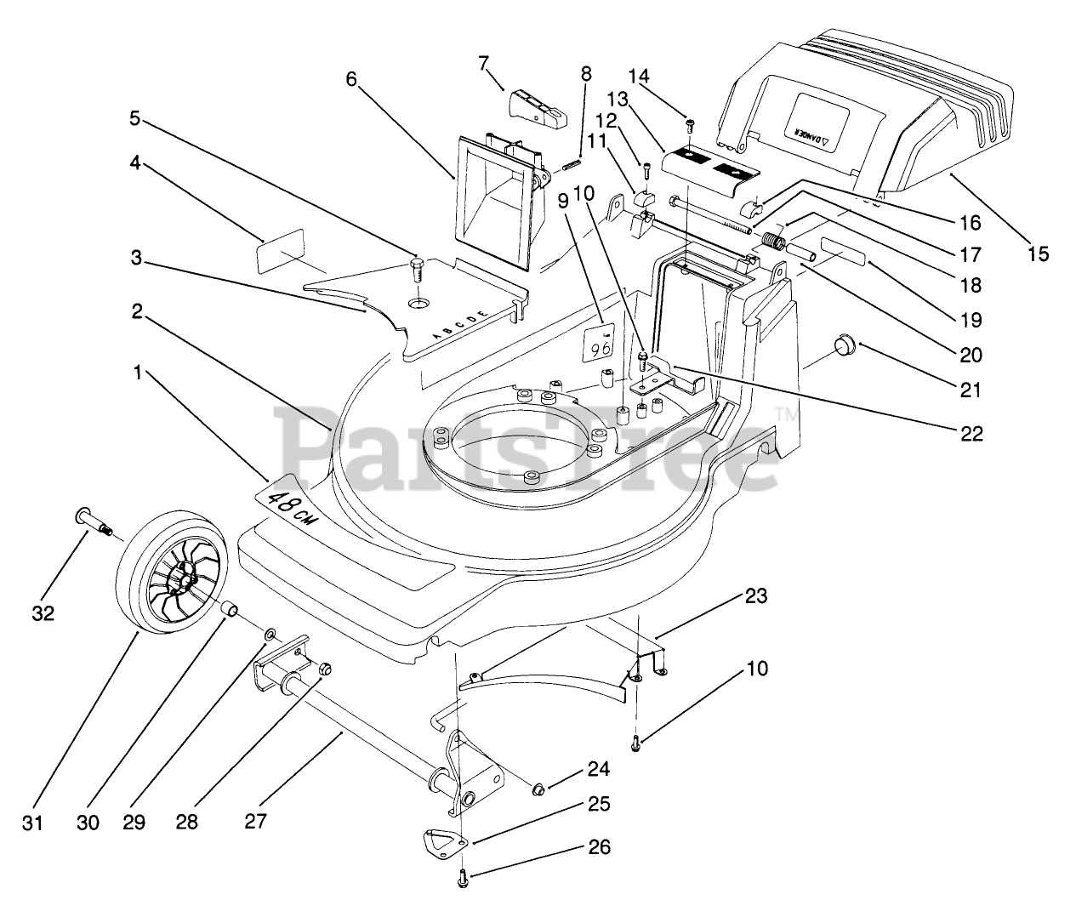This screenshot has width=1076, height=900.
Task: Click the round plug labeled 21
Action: coord(844,345)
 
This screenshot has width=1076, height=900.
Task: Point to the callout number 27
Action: coord(255,822)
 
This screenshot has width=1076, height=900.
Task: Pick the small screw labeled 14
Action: coord(690,126)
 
